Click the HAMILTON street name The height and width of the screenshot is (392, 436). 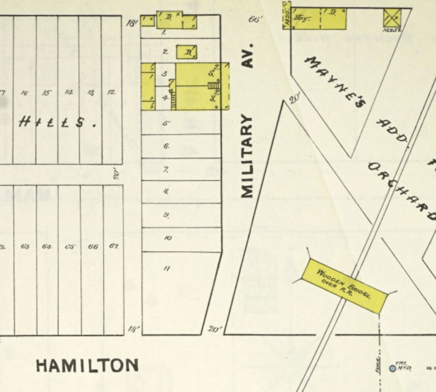coord(87,365)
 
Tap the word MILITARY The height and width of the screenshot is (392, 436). coord(248,156)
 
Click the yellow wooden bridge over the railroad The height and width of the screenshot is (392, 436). coord(345,284)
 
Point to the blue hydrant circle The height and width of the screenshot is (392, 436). coord(392,368)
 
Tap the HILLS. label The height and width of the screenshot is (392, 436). coord(57,123)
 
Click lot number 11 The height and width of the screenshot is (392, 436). coord(166,268)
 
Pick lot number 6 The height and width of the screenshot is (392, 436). coord(166,146)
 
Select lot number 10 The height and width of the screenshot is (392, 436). coord(168,238)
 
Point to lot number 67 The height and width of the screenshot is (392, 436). coord(113,246)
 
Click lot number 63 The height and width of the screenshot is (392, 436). coord(25,247)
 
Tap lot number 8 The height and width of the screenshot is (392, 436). coord(166,191)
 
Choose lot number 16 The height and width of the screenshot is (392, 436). coord(25,93)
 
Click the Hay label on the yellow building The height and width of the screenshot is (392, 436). coord(302,18)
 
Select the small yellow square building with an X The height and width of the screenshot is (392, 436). coord(392,18)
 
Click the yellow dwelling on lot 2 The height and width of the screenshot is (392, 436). coord(187,51)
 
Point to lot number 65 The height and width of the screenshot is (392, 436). coord(70,247)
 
